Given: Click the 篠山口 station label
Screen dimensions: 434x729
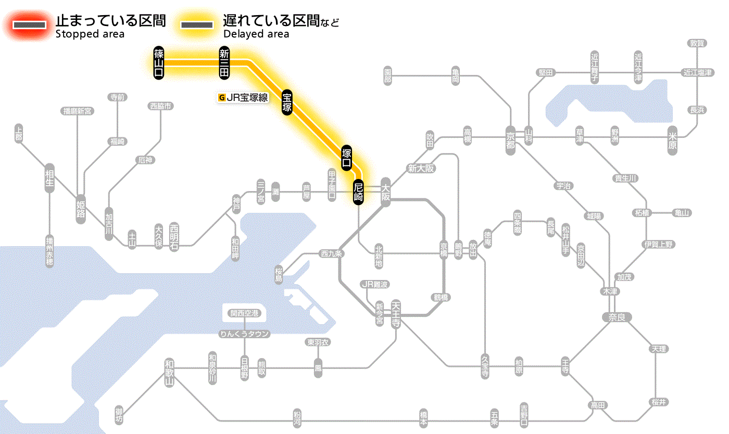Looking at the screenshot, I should [159, 62].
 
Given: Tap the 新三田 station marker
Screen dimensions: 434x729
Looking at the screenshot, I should [224, 62].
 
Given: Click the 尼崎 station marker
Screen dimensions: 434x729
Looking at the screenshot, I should [358, 192].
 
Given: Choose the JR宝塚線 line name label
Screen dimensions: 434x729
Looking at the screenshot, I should [243, 97].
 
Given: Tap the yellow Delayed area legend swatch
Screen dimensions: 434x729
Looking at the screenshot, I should [197, 25].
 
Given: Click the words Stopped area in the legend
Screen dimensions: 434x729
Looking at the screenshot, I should [90, 34].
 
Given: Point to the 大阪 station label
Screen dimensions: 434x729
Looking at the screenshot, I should [386, 192].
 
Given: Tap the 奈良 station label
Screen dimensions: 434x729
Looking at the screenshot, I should [616, 317].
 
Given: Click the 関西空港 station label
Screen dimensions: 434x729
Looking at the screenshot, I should [244, 313].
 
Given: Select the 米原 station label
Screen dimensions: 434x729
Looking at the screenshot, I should [673, 141].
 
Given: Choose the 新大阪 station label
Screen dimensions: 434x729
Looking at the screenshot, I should [421, 168].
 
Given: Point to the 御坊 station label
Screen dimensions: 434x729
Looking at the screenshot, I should [119, 414].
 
